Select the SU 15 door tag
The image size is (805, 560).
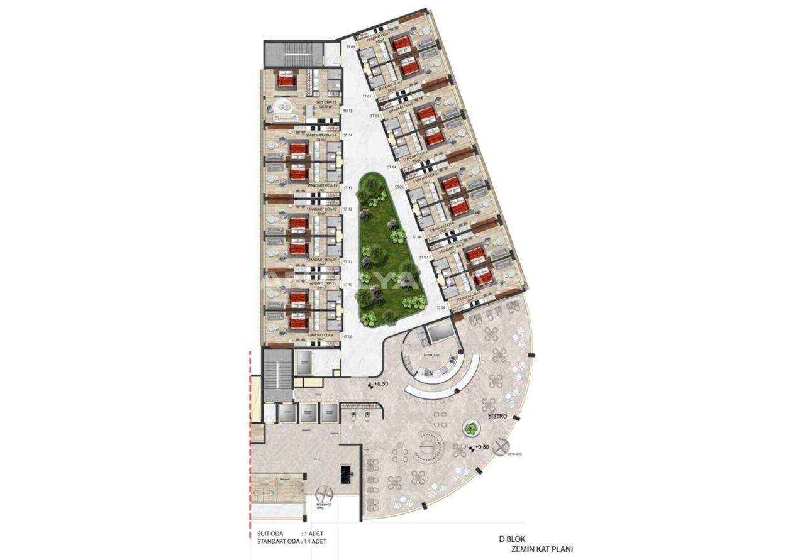click(347, 111)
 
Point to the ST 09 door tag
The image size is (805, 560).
click(347, 338)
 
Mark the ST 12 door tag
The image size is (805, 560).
click(347, 209)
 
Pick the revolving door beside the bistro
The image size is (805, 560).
click(501, 448)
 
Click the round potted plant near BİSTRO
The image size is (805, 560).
click(470, 429)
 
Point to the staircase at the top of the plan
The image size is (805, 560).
click(294, 54)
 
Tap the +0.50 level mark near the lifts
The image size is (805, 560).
click(380, 383)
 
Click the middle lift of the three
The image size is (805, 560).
click(308, 412)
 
